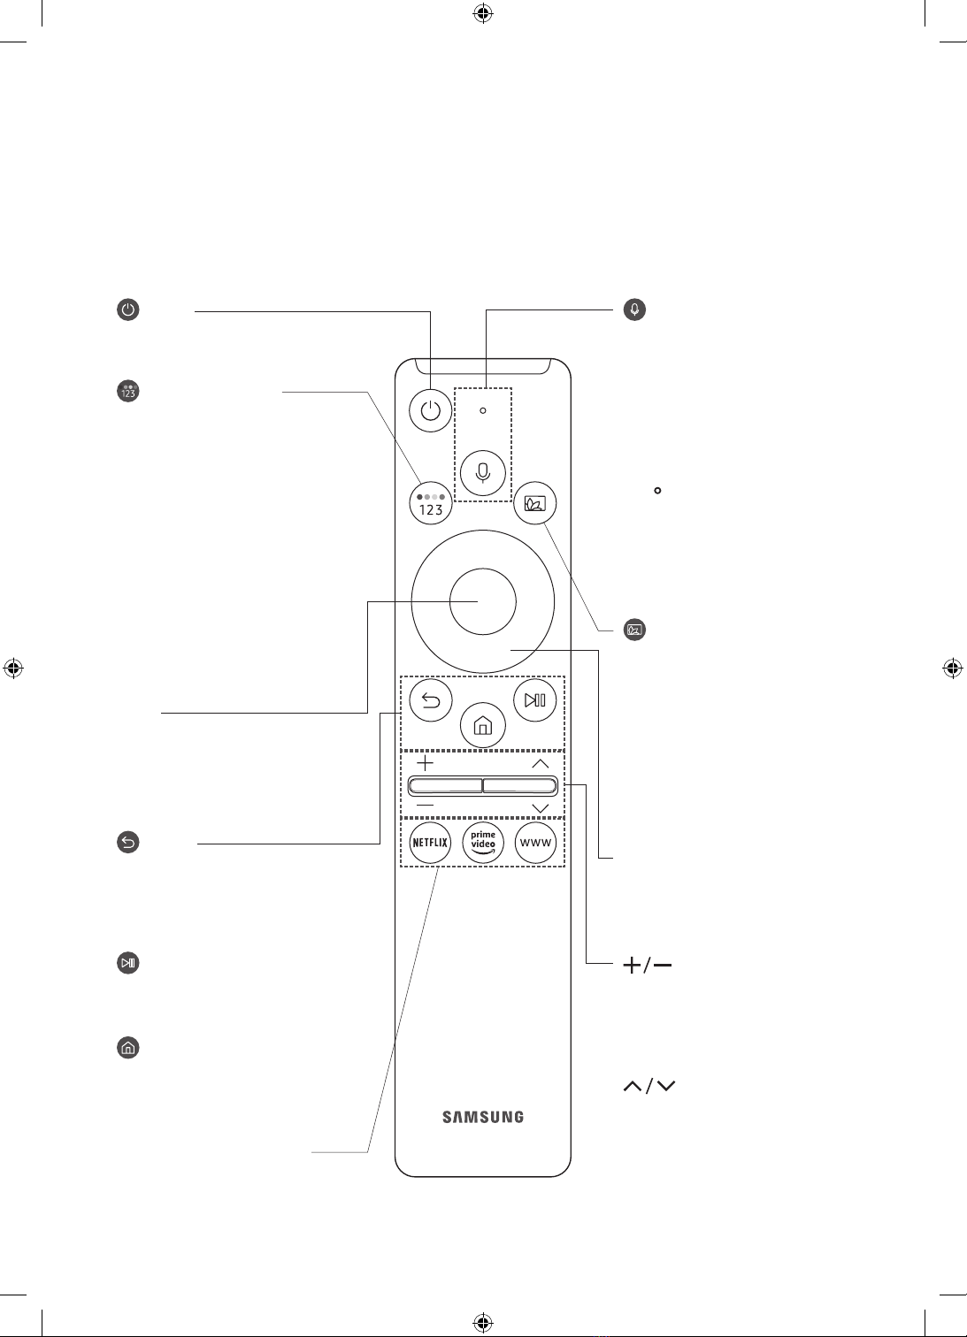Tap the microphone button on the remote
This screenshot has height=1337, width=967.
482,473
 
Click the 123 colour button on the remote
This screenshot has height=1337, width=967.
431,503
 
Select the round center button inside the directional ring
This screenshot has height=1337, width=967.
482,601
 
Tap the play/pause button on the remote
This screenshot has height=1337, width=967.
534,699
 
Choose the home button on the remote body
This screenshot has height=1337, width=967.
482,725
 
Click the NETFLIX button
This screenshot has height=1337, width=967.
430,842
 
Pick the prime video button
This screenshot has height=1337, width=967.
482,842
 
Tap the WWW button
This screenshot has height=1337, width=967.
535,842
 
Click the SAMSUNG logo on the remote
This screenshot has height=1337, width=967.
482,1117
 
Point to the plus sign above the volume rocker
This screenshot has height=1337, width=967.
426,763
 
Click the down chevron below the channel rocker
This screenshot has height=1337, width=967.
540,808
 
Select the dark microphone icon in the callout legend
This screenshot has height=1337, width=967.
634,309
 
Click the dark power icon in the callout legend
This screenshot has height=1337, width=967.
127,309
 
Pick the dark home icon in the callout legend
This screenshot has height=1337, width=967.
127,1048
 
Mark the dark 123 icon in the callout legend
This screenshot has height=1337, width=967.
127,391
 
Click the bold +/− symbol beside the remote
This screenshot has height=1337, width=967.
648,965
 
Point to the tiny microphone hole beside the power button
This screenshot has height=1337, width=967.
482,410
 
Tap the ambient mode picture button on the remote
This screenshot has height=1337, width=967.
534,503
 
